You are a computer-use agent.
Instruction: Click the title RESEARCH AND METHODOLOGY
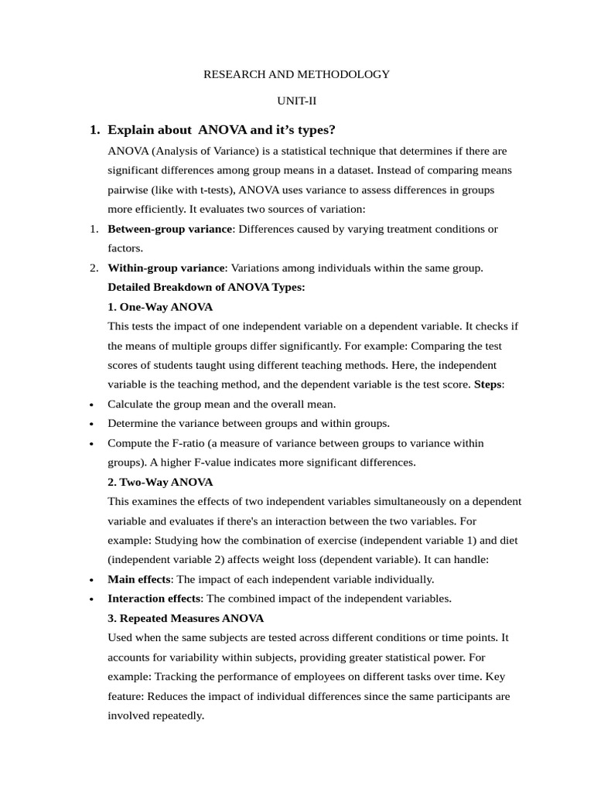point(296,74)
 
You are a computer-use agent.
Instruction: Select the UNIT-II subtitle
point(297,101)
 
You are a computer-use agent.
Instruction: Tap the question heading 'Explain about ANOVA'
point(221,129)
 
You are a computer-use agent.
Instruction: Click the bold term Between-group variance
point(169,229)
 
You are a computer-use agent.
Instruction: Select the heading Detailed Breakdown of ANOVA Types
point(207,287)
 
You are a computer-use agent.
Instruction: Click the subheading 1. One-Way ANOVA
point(160,307)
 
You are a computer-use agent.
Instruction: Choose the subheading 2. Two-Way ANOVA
point(160,482)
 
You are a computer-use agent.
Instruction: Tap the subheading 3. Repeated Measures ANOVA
point(186,618)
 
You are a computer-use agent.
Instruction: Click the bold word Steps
point(487,384)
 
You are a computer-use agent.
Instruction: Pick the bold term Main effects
point(141,579)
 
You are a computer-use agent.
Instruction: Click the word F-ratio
point(179,443)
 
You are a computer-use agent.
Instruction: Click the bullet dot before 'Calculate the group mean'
point(92,405)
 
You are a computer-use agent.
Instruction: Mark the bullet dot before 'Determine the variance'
point(92,424)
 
